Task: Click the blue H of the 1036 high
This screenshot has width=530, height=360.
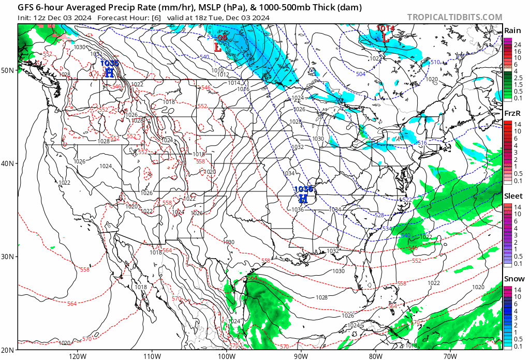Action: pyautogui.click(x=303, y=199)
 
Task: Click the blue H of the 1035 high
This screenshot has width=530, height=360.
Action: pyautogui.click(x=109, y=72)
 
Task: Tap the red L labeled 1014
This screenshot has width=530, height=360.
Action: pyautogui.click(x=386, y=37)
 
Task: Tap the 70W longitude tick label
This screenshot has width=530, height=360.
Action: pyautogui.click(x=450, y=356)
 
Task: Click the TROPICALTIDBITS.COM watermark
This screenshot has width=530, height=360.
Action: pyautogui.click(x=454, y=17)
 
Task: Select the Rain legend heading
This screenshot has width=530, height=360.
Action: pyautogui.click(x=512, y=31)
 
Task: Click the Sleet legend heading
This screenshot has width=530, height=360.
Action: pyautogui.click(x=513, y=196)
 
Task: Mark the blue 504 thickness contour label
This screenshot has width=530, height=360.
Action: pyautogui.click(x=360, y=74)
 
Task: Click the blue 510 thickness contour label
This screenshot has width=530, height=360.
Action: pyautogui.click(x=435, y=63)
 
